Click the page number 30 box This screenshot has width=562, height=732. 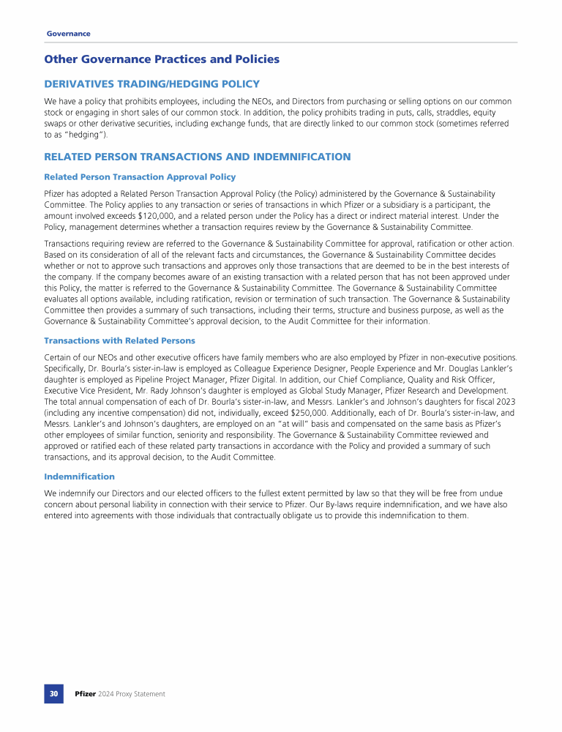53,693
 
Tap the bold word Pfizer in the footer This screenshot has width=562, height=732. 86,693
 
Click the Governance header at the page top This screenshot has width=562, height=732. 68,34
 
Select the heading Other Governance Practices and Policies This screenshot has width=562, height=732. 162,59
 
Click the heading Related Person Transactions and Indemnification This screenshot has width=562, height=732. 198,157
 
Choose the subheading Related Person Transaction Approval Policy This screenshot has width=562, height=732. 140,176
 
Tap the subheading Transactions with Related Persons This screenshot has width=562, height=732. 119,340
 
